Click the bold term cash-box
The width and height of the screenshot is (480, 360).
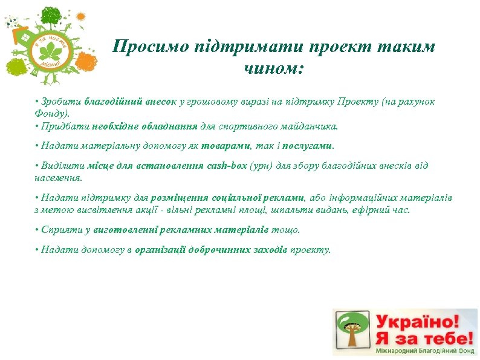pyautogui.click(x=226, y=166)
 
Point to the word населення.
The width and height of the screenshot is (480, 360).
pyautogui.click(x=58, y=178)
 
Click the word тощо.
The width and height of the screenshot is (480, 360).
pyautogui.click(x=285, y=231)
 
